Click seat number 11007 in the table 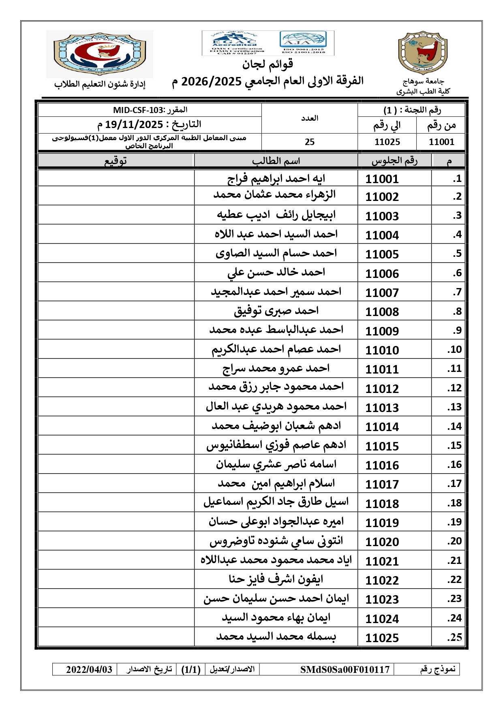(382, 293)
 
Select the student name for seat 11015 (276, 445)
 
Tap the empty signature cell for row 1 (116, 178)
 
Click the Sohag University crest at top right (423, 53)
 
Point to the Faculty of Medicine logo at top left (100, 53)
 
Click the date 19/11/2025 (134, 124)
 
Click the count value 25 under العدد (310, 142)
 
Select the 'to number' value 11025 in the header (387, 142)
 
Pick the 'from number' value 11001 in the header (441, 142)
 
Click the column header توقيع (116, 161)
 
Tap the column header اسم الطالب (276, 161)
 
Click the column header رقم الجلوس (394, 161)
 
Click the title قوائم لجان (268, 64)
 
